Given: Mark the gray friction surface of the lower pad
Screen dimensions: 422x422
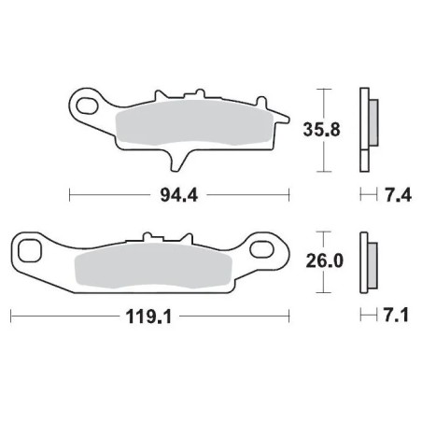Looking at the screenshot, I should coord(159,267).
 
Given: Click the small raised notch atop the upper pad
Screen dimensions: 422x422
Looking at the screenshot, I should coord(196,95).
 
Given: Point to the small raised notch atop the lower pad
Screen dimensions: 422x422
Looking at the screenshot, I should coord(147,237).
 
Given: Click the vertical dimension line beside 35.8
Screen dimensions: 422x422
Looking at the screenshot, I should coord(324,131).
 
